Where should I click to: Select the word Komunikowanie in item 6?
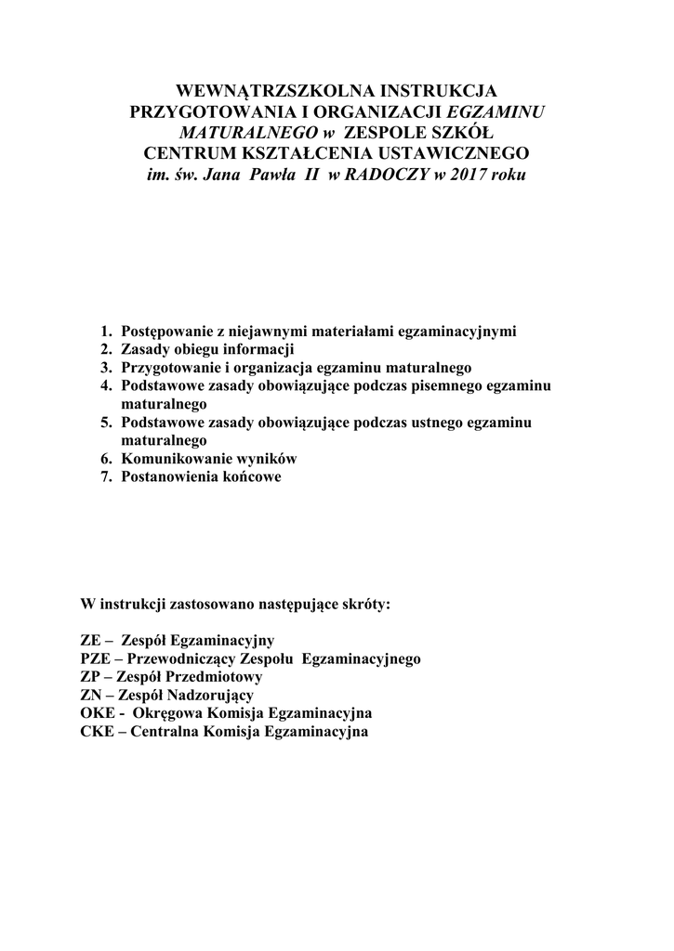click(x=171, y=459)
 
